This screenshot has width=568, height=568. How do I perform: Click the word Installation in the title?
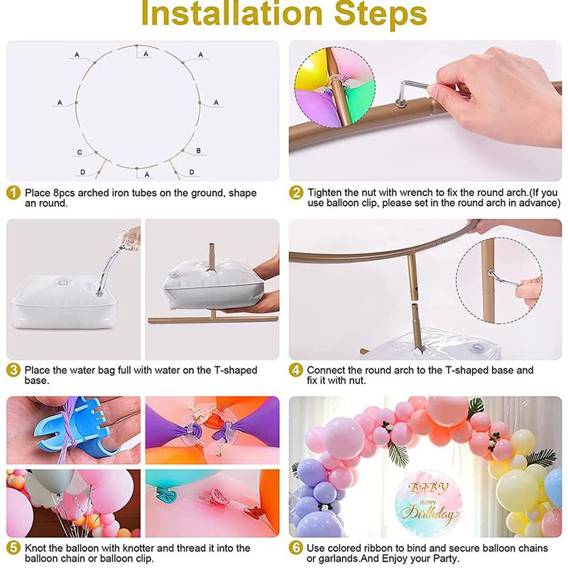(232, 13)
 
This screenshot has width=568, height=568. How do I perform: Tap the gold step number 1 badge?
(13, 192)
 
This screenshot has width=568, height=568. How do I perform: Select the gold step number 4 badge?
(296, 370)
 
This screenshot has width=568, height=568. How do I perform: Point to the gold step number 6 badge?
(296, 547)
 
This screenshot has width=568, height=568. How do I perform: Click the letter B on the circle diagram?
(198, 151)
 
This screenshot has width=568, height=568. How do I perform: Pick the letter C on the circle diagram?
(80, 153)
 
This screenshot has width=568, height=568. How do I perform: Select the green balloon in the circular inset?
(359, 99)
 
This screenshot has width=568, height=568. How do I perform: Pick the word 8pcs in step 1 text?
(65, 192)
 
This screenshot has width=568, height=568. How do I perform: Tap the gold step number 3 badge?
(13, 370)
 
